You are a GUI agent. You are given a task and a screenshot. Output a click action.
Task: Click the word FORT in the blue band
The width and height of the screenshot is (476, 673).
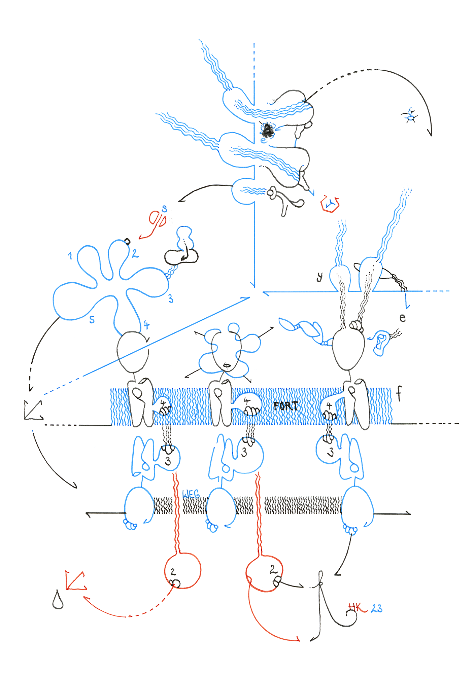[x=285, y=406]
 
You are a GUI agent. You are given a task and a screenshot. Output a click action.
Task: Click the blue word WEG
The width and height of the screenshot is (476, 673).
[x=191, y=494]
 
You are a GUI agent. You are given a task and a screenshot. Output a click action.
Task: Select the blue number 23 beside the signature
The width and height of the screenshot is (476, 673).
[x=377, y=608]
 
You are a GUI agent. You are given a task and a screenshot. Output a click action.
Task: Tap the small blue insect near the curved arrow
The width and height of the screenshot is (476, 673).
[x=410, y=115]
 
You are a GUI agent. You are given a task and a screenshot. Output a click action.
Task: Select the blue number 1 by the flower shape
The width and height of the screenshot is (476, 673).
[x=70, y=256]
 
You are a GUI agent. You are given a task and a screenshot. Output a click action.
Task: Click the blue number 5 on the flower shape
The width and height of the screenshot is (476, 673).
[x=92, y=319]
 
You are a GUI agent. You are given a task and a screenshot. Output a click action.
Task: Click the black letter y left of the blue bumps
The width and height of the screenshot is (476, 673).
[x=319, y=277]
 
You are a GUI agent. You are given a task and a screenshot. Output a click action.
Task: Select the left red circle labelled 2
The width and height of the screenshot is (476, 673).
[x=183, y=570]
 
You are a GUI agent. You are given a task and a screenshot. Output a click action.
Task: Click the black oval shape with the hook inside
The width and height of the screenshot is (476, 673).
[x=181, y=257]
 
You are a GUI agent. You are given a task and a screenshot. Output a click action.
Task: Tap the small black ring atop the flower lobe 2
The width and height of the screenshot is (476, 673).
[x=127, y=241]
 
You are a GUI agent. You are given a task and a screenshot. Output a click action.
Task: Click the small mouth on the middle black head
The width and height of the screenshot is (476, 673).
[x=227, y=365]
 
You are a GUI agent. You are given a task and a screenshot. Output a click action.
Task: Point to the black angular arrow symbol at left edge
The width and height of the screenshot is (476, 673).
[x=33, y=411]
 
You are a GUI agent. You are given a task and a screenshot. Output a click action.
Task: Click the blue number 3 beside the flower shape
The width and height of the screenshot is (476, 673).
[x=171, y=298]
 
